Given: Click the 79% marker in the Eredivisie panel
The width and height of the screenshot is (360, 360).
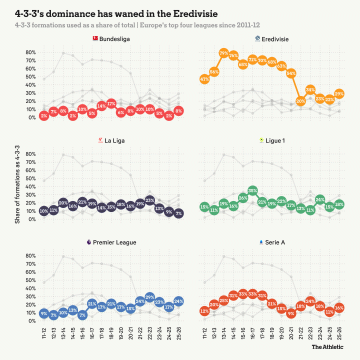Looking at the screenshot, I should click(x=223, y=53).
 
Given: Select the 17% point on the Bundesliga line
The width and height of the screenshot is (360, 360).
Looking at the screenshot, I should click(x=111, y=103).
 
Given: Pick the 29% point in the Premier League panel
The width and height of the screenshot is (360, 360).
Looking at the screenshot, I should click(x=149, y=297).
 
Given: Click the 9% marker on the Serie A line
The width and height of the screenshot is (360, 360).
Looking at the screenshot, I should click(x=291, y=313).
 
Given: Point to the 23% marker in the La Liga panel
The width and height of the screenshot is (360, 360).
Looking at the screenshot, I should click(x=149, y=200).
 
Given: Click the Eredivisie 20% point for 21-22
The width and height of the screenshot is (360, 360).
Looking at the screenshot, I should click(x=301, y=100).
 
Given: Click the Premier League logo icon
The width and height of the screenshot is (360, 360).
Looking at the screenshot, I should click(x=89, y=242).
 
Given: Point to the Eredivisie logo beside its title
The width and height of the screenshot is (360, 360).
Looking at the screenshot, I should click(x=257, y=38).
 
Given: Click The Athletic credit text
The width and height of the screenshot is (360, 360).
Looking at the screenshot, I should click(x=328, y=346).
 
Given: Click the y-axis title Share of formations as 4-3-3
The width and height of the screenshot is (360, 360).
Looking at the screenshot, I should click(x=17, y=180).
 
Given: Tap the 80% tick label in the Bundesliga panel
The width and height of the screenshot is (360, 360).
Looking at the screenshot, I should click(x=29, y=52).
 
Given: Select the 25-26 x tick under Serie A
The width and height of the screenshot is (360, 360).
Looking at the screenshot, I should click(x=340, y=330).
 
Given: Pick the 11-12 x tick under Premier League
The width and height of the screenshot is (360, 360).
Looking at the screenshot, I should click(x=44, y=330).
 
